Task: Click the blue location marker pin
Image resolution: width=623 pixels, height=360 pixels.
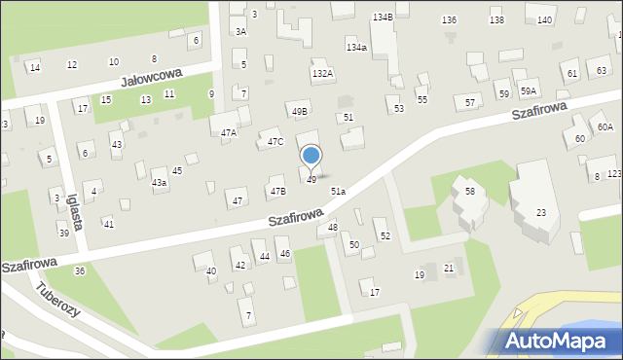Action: pyautogui.click(x=311, y=156)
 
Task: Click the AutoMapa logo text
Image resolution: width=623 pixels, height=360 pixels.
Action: pyautogui.click(x=556, y=341)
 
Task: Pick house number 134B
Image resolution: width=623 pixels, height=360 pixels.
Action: pyautogui.click(x=383, y=18)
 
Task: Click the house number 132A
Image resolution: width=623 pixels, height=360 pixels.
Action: pyautogui.click(x=322, y=73)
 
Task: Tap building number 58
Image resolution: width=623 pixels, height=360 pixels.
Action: pyautogui.click(x=469, y=192)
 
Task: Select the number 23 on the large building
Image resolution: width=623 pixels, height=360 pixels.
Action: pyautogui.click(x=541, y=213)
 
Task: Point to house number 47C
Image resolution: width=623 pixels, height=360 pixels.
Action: pyautogui.click(x=275, y=142)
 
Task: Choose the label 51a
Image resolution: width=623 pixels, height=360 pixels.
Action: pyautogui.click(x=337, y=192)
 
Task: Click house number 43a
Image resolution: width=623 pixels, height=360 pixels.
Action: pyautogui.click(x=159, y=182)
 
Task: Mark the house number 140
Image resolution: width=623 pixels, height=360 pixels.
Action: pyautogui.click(x=544, y=20)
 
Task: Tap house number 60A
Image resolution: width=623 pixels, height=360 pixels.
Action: pyautogui.click(x=605, y=127)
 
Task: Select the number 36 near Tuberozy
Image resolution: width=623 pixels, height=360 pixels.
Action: pyautogui.click(x=80, y=270)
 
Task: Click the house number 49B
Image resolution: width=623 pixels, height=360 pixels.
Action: pyautogui.click(x=299, y=111)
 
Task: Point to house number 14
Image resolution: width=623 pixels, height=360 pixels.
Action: pyautogui.click(x=35, y=67)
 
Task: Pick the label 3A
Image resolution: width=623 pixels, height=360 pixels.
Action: pyautogui.click(x=240, y=32)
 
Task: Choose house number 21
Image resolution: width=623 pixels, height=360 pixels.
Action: pyautogui.click(x=449, y=268)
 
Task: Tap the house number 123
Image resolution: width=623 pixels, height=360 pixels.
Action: pyautogui.click(x=614, y=173)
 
